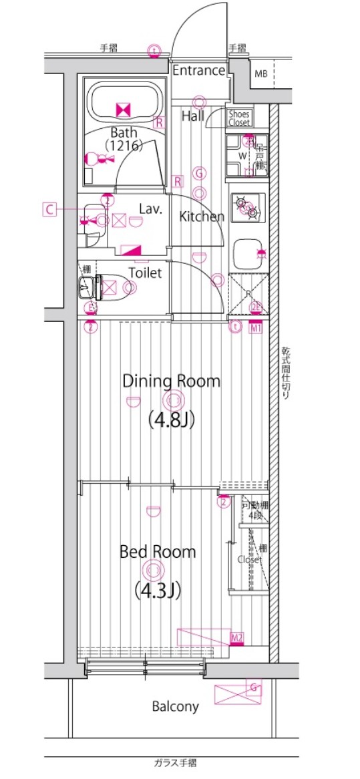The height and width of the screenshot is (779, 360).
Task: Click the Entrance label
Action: pos(199,70)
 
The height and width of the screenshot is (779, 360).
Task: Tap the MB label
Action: pos(260,73)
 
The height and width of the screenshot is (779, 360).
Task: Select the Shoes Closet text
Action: pos(239,118)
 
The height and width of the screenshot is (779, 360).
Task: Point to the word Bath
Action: pos(124,132)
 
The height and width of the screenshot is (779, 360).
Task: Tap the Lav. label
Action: pos(151,208)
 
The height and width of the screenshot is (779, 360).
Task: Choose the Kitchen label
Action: pos(202,216)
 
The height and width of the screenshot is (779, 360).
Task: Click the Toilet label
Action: pos(145,273)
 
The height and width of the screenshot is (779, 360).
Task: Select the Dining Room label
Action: pos(171,381)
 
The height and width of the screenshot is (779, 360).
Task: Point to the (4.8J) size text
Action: pos(171,421)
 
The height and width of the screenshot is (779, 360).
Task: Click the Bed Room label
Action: pos(158,552)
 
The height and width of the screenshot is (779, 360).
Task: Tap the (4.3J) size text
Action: pos(158,591)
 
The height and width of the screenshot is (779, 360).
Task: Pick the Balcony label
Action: pos(175,706)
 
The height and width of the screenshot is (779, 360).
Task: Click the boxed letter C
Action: pos(49,209)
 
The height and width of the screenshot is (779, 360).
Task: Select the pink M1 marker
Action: pos(256,327)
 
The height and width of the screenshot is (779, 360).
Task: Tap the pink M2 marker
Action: pos(236,639)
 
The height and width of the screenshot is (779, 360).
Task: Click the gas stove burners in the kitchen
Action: pos(248,208)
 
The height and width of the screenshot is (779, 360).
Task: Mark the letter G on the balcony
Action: pos(254,686)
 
